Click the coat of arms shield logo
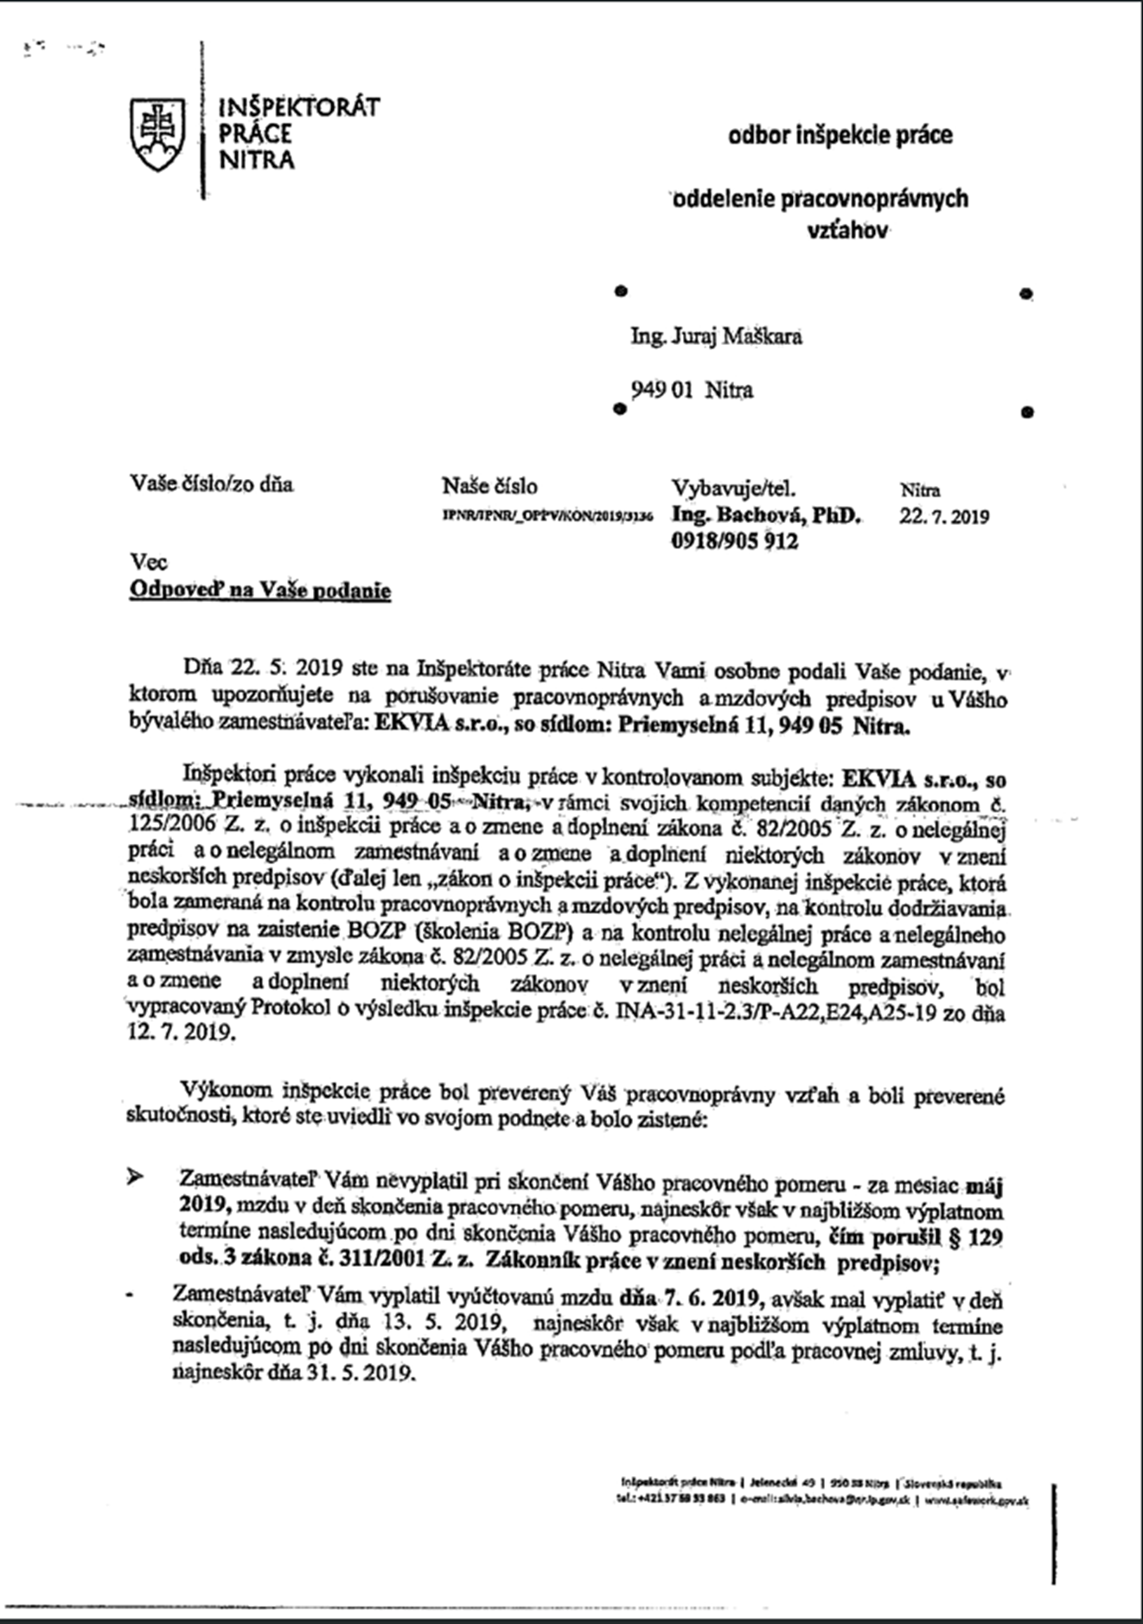tap(157, 134)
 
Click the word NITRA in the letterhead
tap(257, 161)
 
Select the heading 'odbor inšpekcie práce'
tap(840, 136)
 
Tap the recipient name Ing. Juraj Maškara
tap(716, 336)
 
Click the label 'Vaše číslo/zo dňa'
tap(211, 484)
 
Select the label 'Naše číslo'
tap(489, 486)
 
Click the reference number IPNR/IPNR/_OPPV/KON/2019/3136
tap(547, 515)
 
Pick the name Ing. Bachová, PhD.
tap(766, 515)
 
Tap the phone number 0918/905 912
tap(735, 542)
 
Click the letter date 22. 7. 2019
tap(944, 517)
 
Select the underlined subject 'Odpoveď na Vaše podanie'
tap(260, 591)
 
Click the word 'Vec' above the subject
tap(148, 563)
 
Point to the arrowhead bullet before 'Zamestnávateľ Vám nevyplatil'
tap(135, 1177)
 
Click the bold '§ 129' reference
tap(975, 1237)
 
